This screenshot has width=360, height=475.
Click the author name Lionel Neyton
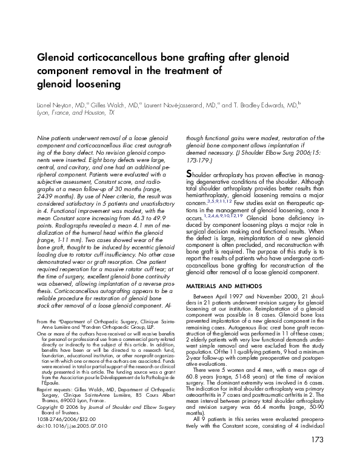pyautogui.click(x=55, y=104)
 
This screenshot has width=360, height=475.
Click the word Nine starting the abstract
pyautogui.click(x=44, y=138)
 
